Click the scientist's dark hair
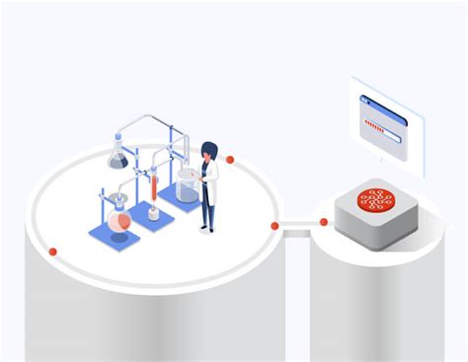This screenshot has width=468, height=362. pyautogui.click(x=208, y=151)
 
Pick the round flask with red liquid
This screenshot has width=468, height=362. pyautogui.click(x=120, y=222)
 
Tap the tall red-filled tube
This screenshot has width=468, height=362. pyautogui.click(x=154, y=187)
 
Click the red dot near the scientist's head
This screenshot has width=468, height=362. pyautogui.click(x=230, y=159)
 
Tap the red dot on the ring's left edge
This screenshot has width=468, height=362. pyautogui.click(x=53, y=252)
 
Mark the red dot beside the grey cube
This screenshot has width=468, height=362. pyautogui.click(x=321, y=221)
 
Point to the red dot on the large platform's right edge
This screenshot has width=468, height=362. pyautogui.click(x=274, y=226)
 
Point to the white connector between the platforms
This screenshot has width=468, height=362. pyautogui.click(x=297, y=228)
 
